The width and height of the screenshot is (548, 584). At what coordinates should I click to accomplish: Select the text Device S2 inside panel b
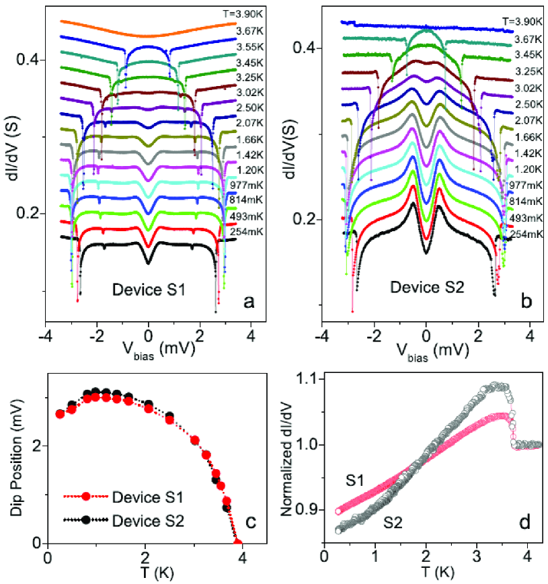pyautogui.click(x=421, y=290)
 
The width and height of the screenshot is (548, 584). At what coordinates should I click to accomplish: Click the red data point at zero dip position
pyautogui.click(x=237, y=542)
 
